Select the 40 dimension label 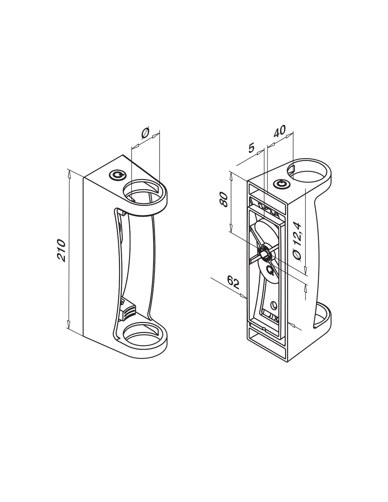click(x=279, y=131)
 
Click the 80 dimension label click(x=224, y=199)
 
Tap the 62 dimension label click(x=233, y=282)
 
